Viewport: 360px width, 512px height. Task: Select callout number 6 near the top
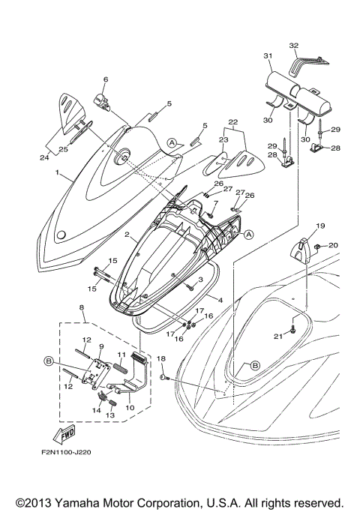[x=106, y=79]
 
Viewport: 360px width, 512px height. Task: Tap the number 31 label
[x=267, y=55]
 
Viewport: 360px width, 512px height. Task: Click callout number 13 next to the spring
[x=109, y=415]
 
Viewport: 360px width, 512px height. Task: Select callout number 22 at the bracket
[x=232, y=122]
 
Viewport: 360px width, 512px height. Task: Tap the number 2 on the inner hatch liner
[x=129, y=235]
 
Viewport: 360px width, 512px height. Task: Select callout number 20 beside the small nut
[x=334, y=245]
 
